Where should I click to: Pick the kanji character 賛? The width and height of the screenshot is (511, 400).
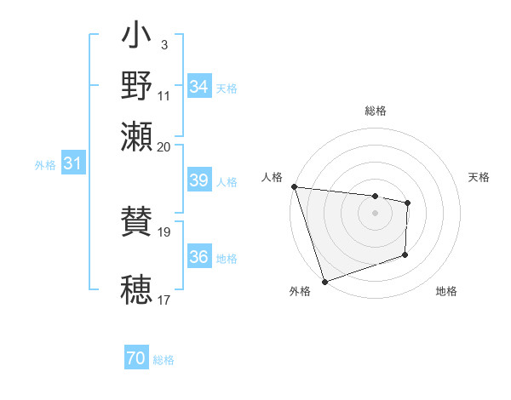click(x=136, y=224)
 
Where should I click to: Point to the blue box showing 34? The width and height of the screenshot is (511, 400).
click(x=198, y=87)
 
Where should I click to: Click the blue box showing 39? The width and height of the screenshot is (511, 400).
click(x=198, y=180)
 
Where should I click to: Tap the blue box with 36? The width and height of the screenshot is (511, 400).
click(x=198, y=257)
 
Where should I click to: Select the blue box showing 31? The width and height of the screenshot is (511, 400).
click(x=72, y=164)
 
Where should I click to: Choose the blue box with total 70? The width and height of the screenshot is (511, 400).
click(x=136, y=359)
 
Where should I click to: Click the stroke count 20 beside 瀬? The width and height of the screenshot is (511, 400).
click(x=164, y=146)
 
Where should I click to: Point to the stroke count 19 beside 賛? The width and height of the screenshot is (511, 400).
click(x=164, y=231)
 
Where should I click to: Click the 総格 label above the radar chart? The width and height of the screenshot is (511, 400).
click(x=376, y=111)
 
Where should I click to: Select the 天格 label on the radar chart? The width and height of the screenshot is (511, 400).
click(x=479, y=177)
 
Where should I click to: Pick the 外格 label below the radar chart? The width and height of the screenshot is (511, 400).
click(x=300, y=291)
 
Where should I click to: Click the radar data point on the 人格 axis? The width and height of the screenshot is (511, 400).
click(x=294, y=186)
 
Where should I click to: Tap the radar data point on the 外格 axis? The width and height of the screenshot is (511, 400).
click(x=324, y=281)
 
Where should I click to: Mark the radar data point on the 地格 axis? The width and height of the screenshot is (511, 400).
click(x=405, y=254)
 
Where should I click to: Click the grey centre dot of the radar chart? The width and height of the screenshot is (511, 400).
click(x=376, y=213)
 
